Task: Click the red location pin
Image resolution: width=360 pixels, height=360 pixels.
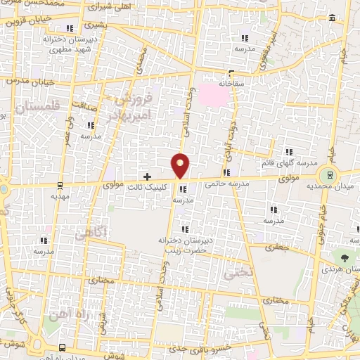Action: click(x=181, y=165)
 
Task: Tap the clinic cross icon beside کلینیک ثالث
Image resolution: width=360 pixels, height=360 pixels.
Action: click(x=147, y=176)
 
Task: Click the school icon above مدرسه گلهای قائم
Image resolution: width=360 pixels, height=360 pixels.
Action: click(x=288, y=151)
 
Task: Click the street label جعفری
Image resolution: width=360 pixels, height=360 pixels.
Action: click(x=278, y=247)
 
